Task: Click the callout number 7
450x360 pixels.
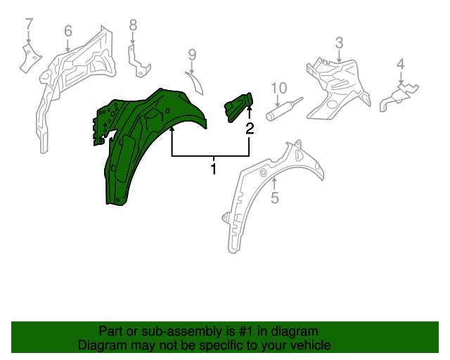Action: pos(29,25)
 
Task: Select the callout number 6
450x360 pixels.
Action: pos(68,31)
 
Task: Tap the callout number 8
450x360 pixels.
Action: pos(133,25)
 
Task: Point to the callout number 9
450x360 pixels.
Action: pos(192,55)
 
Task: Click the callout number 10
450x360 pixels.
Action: pos(278,88)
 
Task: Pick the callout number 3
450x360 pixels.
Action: pos(339,43)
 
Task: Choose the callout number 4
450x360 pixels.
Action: pos(401,64)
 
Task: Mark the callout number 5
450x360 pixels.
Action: pos(275,198)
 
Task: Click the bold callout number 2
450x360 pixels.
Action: pos(250,129)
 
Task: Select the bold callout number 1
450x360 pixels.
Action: pos(213,169)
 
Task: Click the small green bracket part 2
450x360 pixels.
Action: pos(238,107)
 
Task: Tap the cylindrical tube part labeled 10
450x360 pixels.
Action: pos(284,109)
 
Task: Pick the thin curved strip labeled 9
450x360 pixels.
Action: pos(195,83)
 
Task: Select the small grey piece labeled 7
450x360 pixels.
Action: pos(30,58)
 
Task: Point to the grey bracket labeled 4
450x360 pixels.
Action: pos(399,97)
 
